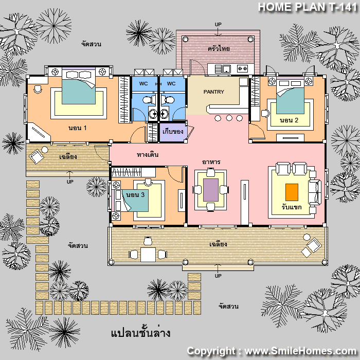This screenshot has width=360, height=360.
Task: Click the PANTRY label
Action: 213,92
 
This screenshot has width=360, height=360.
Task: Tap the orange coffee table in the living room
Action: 292,192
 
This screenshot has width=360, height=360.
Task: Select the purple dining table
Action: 211,190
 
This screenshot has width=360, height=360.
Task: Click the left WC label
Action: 143,83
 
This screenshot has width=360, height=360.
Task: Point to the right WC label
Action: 171,83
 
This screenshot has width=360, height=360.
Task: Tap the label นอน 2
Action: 289,120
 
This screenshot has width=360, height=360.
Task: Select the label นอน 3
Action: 135,195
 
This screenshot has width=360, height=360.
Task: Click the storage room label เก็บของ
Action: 173,132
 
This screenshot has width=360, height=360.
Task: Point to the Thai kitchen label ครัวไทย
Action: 219,49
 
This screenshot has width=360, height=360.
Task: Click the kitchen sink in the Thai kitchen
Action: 226,69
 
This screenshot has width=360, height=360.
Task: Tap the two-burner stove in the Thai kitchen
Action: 242,68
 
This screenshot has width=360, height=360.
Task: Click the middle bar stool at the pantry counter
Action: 229,118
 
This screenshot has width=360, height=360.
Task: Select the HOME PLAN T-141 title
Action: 308,7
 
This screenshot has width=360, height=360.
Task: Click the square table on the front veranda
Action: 148,255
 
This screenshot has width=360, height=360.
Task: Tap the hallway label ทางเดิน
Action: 148,154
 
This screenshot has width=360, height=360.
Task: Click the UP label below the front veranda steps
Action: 218,276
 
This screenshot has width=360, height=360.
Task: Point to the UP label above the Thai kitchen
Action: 218,24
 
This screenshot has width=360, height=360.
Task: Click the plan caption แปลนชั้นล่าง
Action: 140,333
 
